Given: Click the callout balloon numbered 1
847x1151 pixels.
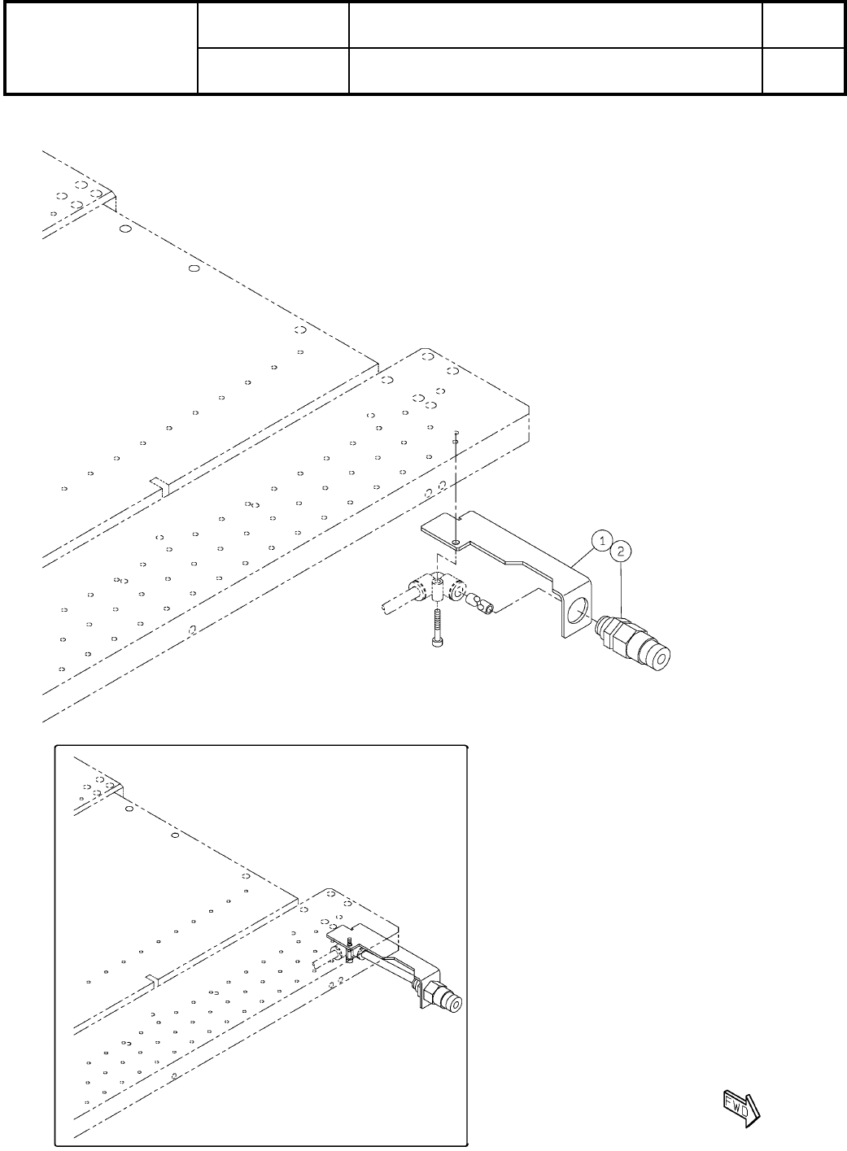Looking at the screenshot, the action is pyautogui.click(x=601, y=538).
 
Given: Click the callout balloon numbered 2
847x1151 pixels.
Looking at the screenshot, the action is pyautogui.click(x=622, y=551).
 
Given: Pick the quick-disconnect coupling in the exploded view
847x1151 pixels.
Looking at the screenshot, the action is pyautogui.click(x=633, y=640).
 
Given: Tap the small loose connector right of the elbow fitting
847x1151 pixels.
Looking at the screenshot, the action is pyautogui.click(x=481, y=604).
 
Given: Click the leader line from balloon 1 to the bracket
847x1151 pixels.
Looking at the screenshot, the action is pyautogui.click(x=586, y=555).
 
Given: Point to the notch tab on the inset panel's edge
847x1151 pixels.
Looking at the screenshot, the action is pyautogui.click(x=151, y=977).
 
